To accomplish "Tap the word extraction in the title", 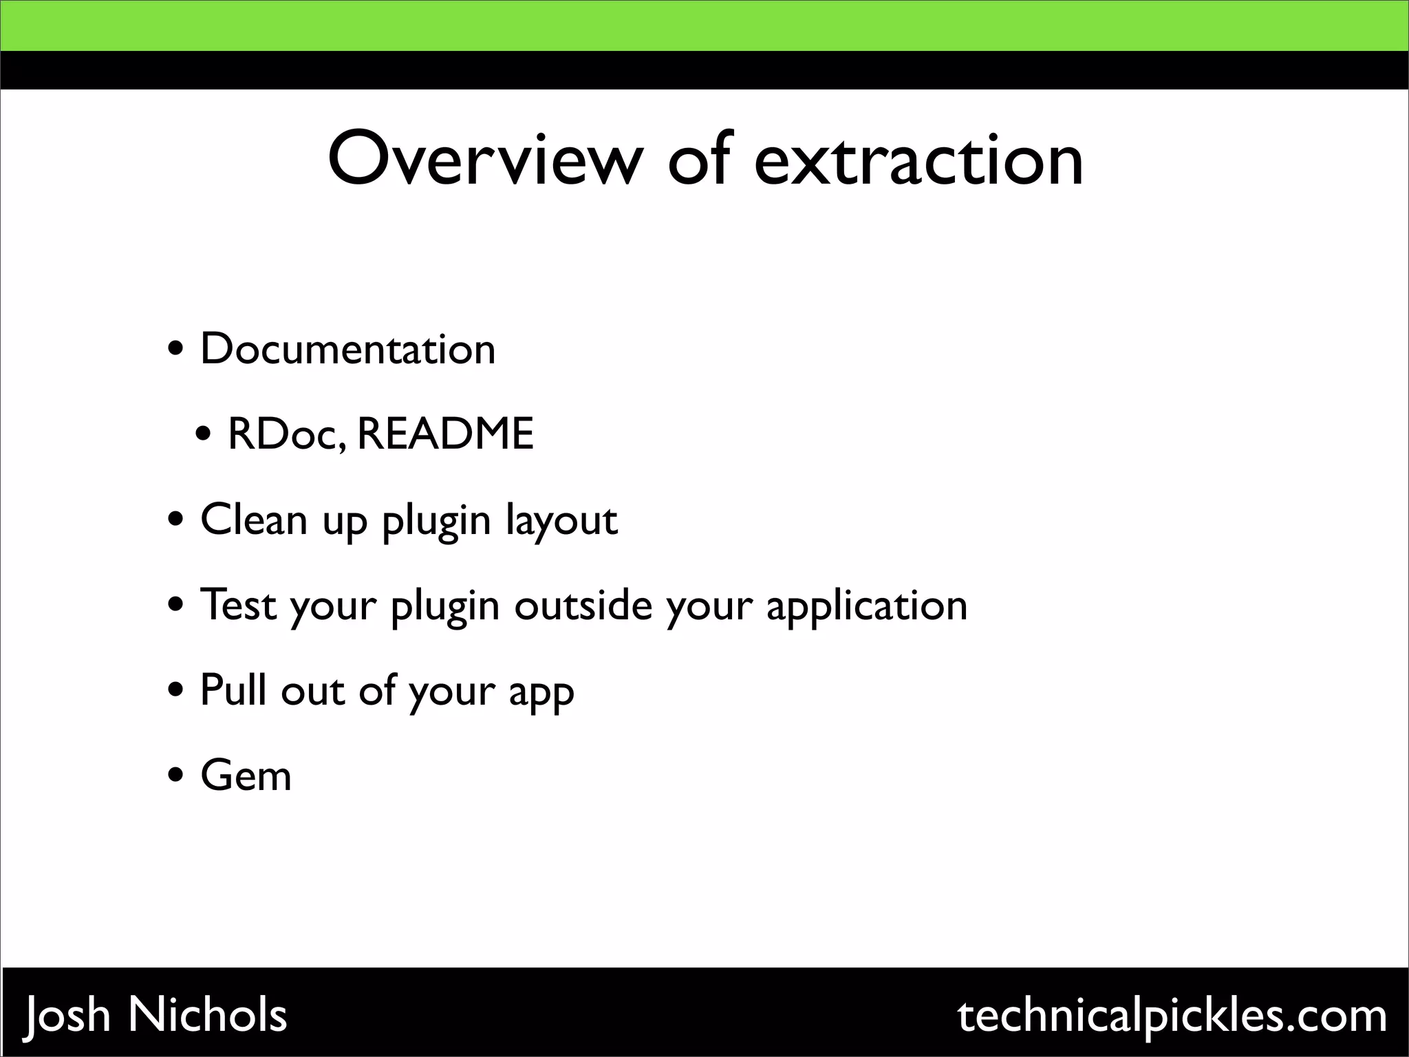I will coord(918,160).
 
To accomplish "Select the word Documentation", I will coord(347,350).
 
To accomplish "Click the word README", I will coord(445,434).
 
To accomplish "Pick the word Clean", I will coord(254,520).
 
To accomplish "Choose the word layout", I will coord(561,522).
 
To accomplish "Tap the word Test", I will coord(238,605).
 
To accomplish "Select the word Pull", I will coord(233,690).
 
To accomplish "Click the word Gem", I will coord(246,776).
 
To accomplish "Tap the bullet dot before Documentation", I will coord(176,350).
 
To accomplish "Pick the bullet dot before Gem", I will coord(176,776).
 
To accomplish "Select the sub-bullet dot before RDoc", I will coord(204,435).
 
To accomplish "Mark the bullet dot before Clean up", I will coord(176,520).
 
